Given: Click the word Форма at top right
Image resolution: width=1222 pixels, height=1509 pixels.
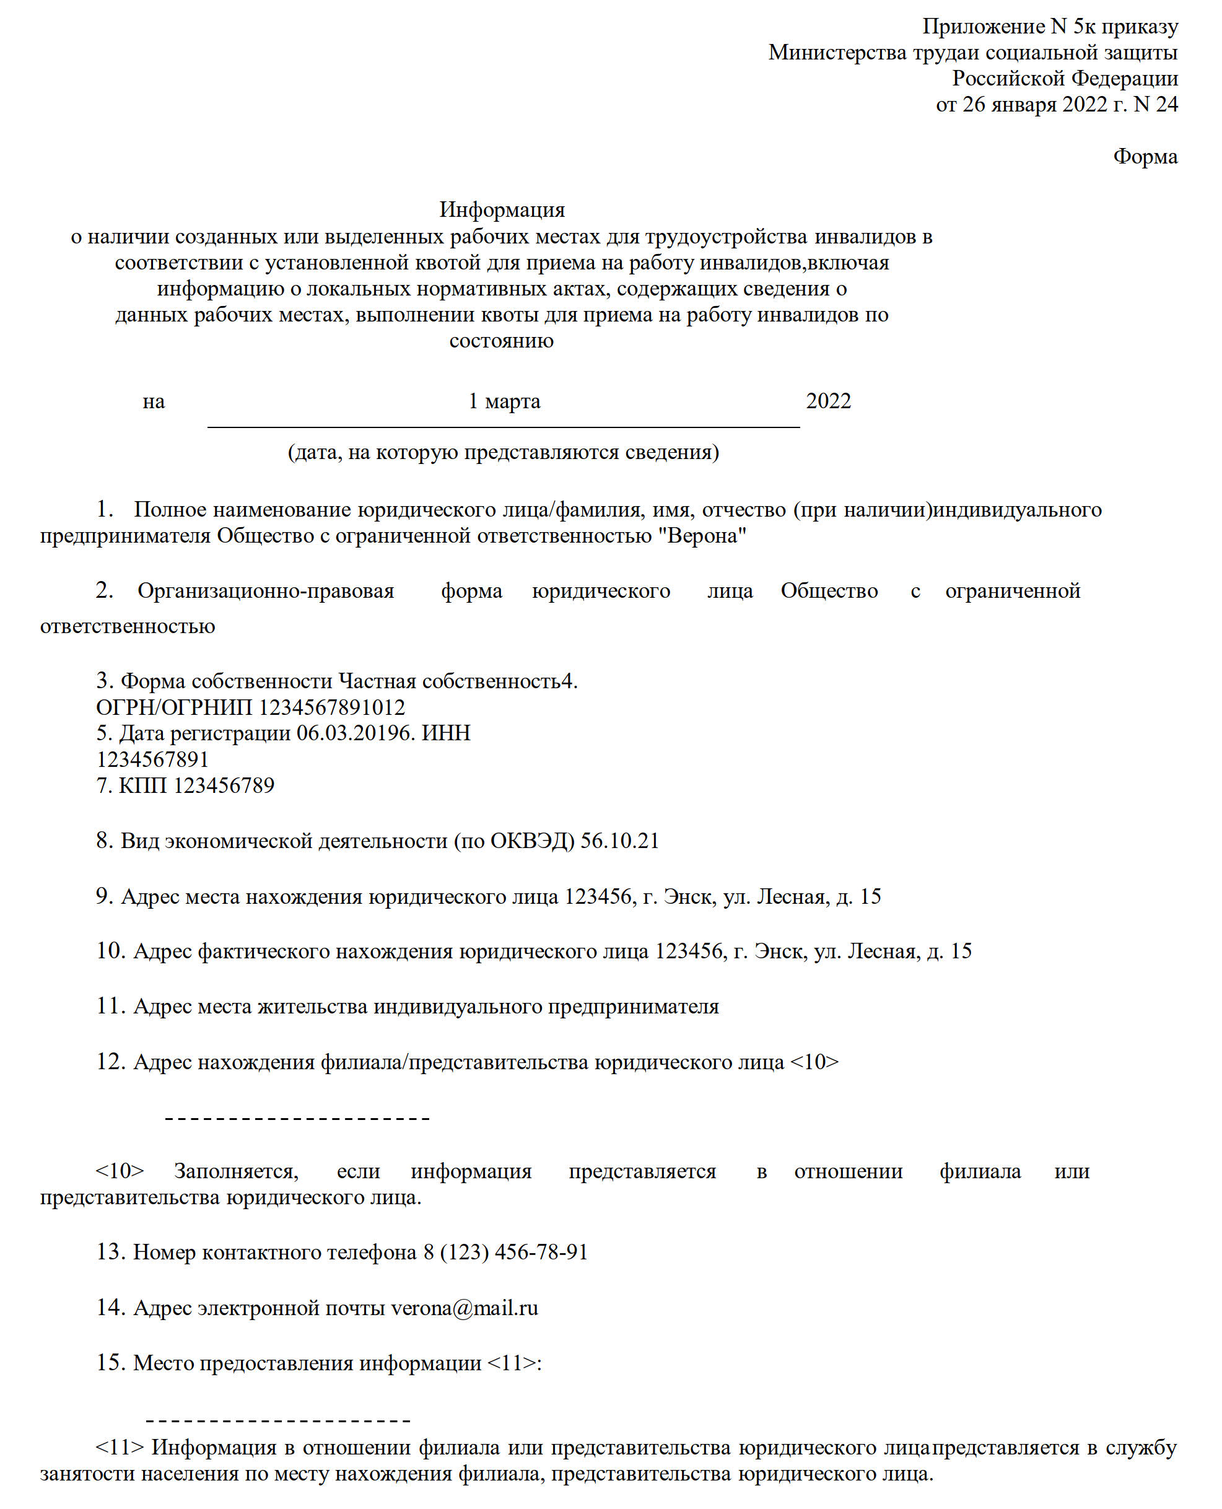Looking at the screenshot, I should pyautogui.click(x=1145, y=156).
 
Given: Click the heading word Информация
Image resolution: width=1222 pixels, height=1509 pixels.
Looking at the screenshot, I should pyautogui.click(x=502, y=210).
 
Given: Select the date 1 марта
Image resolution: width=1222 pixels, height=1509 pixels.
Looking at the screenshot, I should pyautogui.click(x=504, y=401).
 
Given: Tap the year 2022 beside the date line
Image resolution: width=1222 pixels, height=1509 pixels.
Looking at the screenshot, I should pyautogui.click(x=828, y=401).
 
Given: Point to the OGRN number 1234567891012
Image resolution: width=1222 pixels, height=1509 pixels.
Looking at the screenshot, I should pyautogui.click(x=331, y=707).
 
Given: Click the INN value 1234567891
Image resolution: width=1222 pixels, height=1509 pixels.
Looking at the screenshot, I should pyautogui.click(x=153, y=759).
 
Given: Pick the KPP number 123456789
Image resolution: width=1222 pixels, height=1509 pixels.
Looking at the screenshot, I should pyautogui.click(x=224, y=785).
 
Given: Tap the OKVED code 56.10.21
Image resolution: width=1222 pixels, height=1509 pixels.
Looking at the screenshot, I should pyautogui.click(x=619, y=841).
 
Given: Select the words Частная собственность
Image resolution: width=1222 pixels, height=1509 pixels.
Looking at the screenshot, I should pyautogui.click(x=449, y=681).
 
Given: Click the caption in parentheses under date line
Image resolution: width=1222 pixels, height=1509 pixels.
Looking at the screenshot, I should pyautogui.click(x=504, y=452).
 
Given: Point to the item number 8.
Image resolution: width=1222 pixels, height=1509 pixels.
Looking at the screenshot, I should pyautogui.click(x=105, y=841).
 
